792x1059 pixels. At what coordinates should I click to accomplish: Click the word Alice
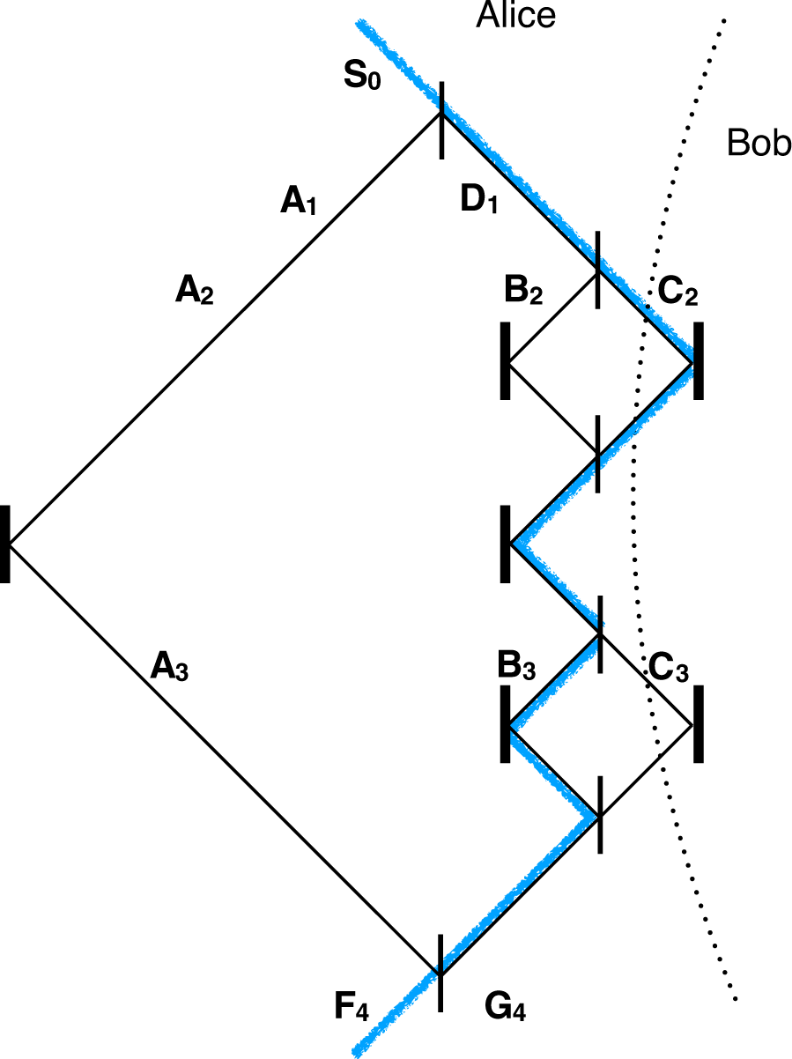pyautogui.click(x=516, y=16)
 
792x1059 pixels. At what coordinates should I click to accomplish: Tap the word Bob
pyautogui.click(x=759, y=143)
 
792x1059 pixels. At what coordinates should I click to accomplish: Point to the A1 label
pyautogui.click(x=298, y=203)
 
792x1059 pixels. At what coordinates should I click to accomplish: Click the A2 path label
pyautogui.click(x=194, y=291)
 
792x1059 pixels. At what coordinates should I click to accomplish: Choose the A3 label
pyautogui.click(x=169, y=667)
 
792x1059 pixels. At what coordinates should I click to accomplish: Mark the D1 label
pyautogui.click(x=479, y=202)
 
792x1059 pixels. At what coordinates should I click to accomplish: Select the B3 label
pyautogui.click(x=516, y=667)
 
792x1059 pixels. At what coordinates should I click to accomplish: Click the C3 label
pyautogui.click(x=668, y=667)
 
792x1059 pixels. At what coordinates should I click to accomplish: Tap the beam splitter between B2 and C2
pyautogui.click(x=599, y=270)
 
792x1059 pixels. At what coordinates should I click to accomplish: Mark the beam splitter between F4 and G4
pyautogui.click(x=440, y=974)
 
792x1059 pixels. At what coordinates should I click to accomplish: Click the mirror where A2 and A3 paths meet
pyautogui.click(x=5, y=544)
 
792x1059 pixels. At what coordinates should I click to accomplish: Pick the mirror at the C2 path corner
pyautogui.click(x=698, y=361)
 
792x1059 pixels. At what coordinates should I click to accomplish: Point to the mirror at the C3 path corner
pyautogui.click(x=698, y=724)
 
